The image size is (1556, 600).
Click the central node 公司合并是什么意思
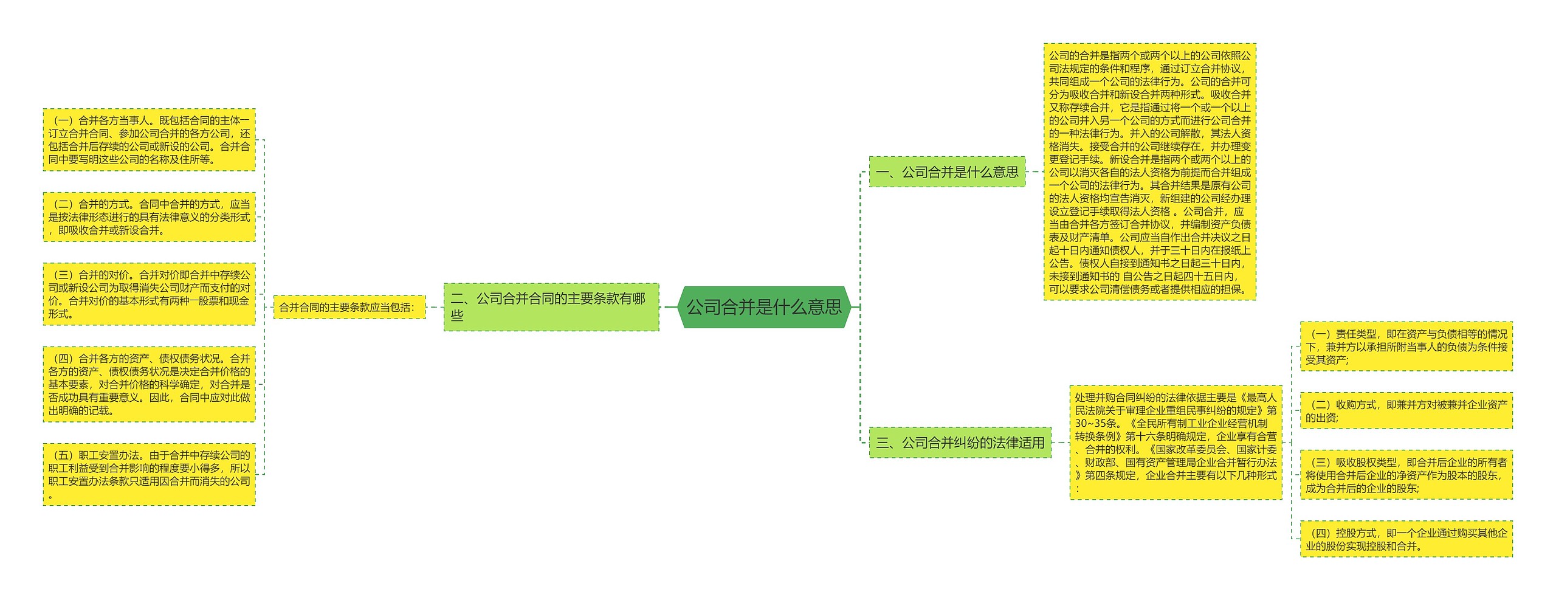point(764,307)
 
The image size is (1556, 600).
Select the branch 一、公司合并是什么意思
point(947,172)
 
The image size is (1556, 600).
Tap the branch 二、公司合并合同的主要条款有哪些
point(551,307)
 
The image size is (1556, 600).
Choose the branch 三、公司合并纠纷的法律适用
point(960,443)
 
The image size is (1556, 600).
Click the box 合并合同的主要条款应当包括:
point(349,308)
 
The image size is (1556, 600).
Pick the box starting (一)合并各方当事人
point(149,140)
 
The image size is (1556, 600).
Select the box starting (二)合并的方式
point(149,217)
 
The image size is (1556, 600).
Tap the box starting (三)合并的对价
point(149,294)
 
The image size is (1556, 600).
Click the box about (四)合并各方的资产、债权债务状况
point(149,384)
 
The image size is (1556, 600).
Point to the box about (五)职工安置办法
point(149,474)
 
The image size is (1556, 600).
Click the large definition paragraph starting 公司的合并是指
point(1149,172)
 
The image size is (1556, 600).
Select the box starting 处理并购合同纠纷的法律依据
point(1176,443)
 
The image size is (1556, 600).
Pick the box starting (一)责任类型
point(1406,347)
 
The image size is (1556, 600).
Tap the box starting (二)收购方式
point(1406,411)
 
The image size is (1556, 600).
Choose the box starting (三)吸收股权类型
point(1406,475)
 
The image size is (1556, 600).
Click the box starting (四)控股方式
point(1406,539)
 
